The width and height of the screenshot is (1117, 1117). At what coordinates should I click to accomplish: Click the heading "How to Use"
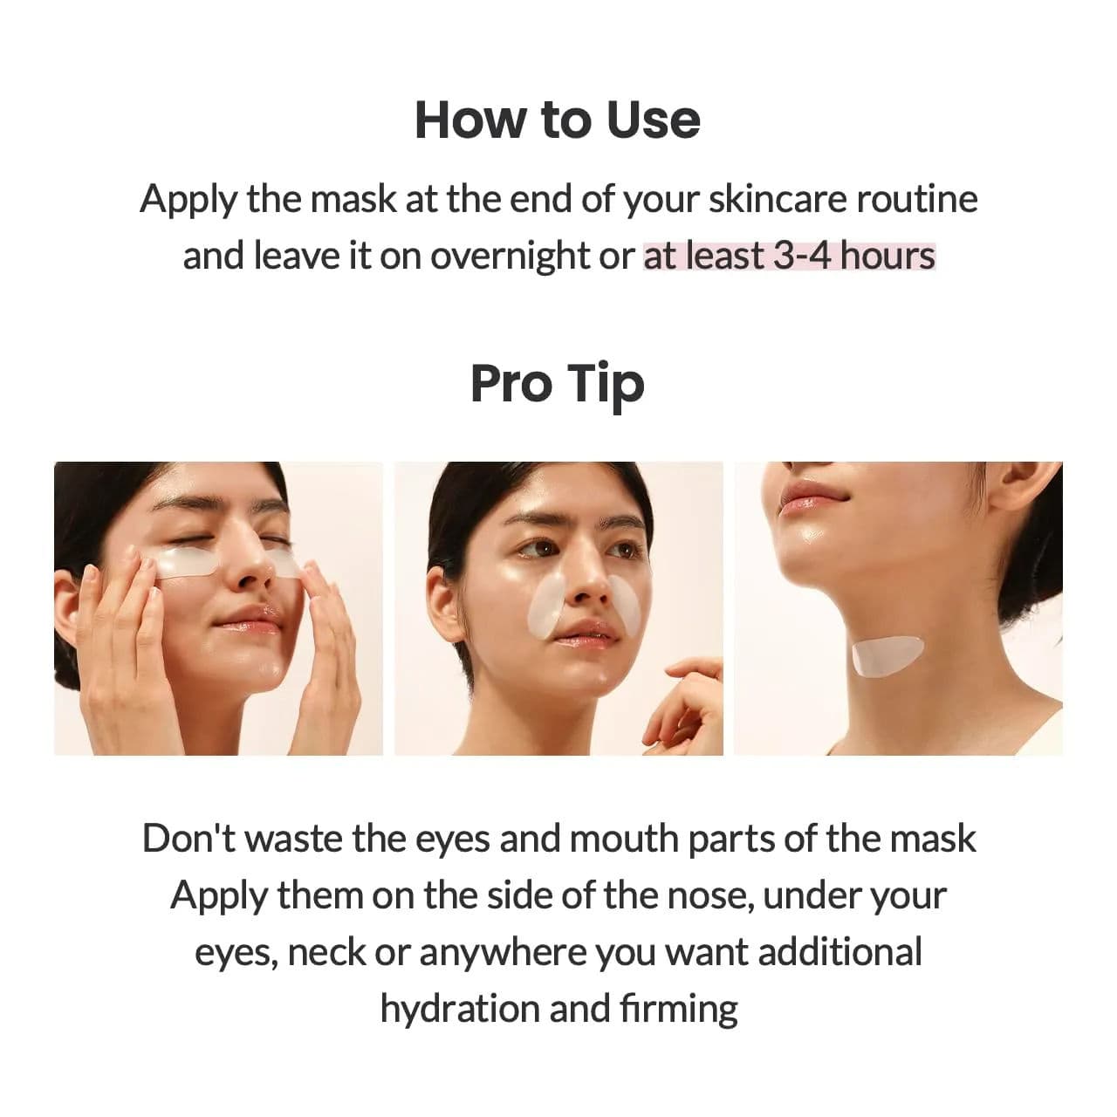[558, 120]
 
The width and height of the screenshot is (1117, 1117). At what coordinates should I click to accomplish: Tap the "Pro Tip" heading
[558, 384]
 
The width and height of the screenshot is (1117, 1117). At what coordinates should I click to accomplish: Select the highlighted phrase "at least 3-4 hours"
[789, 256]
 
